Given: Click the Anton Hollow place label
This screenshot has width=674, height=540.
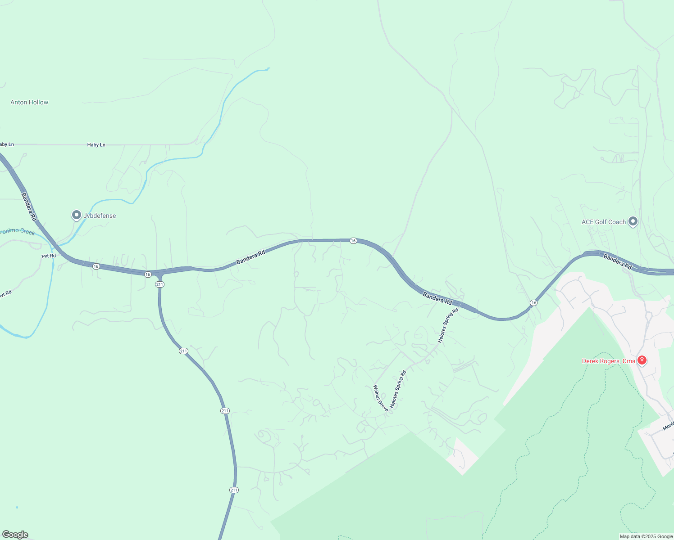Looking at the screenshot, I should pos(29,103).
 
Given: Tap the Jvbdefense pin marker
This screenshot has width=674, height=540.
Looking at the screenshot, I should pos(76,215).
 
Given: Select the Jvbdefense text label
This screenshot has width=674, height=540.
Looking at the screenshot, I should pos(100,216).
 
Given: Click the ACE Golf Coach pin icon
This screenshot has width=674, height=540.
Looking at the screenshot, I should pos(633,221).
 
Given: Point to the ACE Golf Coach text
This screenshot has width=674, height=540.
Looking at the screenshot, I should pos(604,222).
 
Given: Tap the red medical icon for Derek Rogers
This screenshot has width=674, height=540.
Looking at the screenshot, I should pos(642,360).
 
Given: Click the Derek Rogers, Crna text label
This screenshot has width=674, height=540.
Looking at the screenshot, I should pos(609,361).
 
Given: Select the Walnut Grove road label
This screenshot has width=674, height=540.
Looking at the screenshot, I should pos(381,398).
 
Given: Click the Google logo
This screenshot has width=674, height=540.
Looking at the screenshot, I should pos(15,535).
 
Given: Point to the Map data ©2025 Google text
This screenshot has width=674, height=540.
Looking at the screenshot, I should pos(646,536).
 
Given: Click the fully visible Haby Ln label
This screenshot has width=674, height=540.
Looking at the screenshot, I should pos(96,145).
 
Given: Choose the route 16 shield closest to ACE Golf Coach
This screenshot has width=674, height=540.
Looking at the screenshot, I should pos(533,303).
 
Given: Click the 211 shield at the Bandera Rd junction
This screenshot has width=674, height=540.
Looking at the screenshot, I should pos(159,284).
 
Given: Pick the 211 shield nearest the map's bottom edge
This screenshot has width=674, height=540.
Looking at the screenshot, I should pos(233,490).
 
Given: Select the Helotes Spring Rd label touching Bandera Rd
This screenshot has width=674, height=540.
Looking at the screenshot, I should pos(448,325).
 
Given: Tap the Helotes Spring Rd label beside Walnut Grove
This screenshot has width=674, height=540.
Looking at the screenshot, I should pos(398,389).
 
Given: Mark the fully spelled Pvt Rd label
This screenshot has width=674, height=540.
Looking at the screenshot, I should pos(49,256).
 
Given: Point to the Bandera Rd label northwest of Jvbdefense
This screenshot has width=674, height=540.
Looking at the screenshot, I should pos(29,207).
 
